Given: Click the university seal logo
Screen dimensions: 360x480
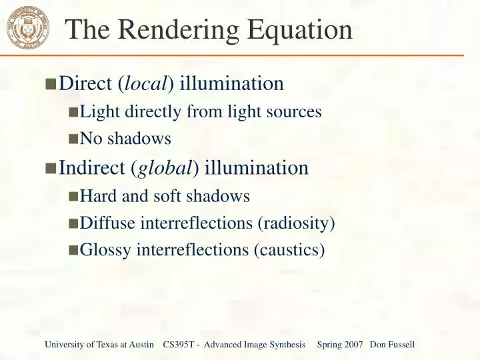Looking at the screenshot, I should point(28,29).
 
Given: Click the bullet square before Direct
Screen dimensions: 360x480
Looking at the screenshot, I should point(51,85).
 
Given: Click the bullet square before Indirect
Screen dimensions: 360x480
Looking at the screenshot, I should point(51,168).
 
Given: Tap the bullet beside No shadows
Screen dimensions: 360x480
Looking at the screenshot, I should point(73,139).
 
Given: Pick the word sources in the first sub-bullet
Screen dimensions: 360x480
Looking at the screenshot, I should point(297,112).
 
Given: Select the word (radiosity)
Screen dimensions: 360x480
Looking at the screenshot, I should point(296,223).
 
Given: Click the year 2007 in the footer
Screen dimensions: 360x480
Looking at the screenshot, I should point(354,345).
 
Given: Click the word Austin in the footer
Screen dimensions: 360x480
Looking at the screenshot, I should point(141,345).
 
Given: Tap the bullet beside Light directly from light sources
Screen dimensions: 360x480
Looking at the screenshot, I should point(73,112).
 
